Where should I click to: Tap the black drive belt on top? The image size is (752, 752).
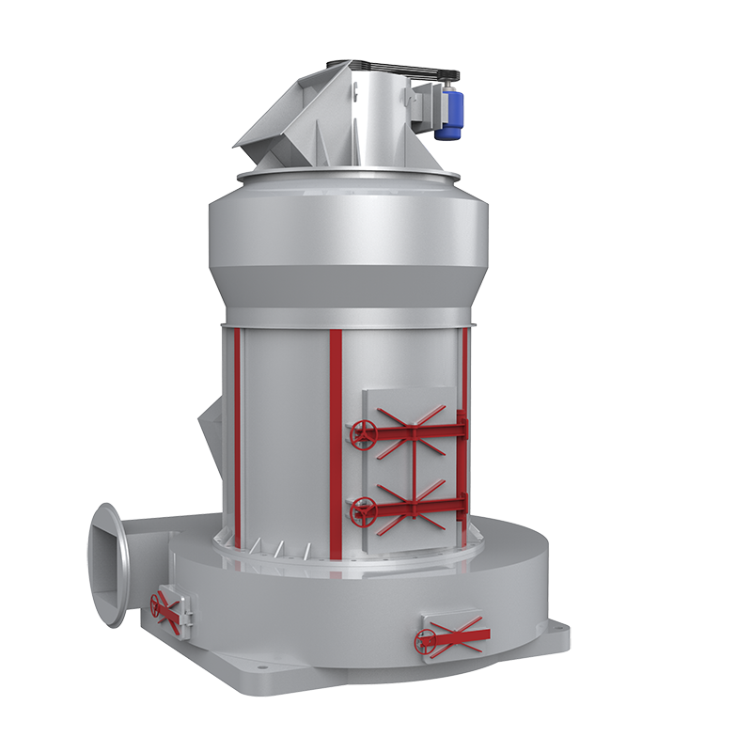coord(395,68)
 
